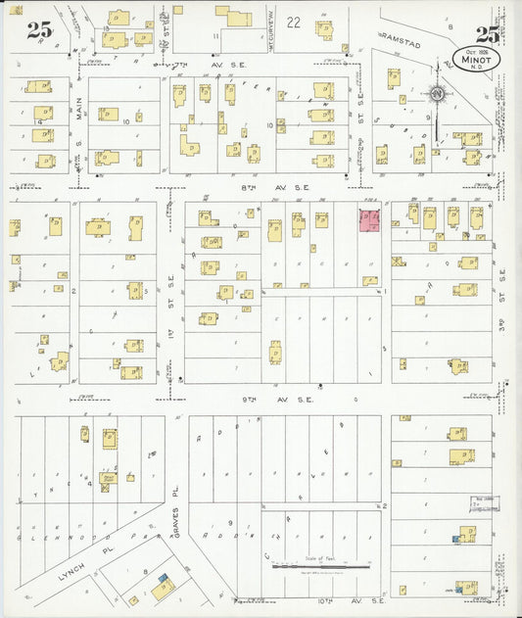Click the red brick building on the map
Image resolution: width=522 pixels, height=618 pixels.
[x=370, y=220]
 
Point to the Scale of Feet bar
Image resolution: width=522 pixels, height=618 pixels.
[x=320, y=565]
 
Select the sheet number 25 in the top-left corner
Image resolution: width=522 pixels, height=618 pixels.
[x=39, y=29]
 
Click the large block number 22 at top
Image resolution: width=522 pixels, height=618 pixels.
[x=294, y=22]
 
